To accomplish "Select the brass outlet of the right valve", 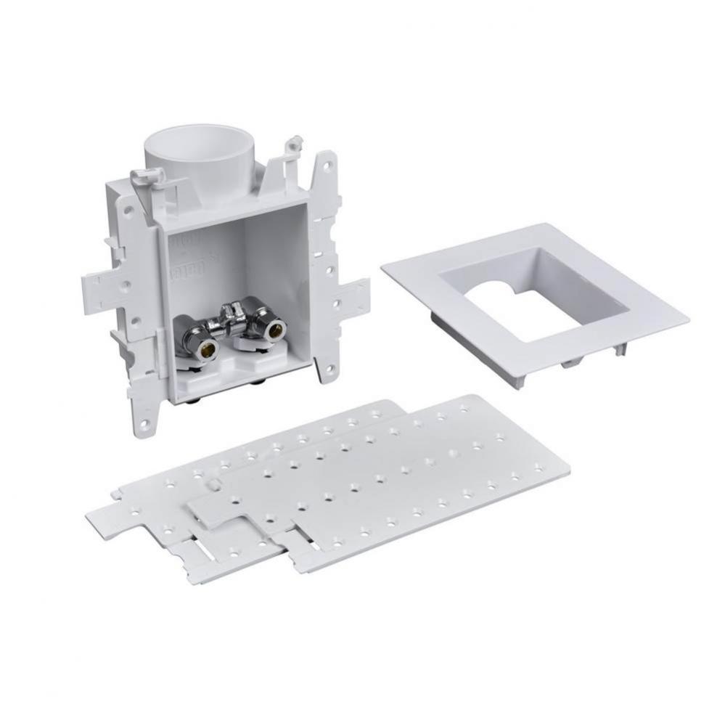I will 275,331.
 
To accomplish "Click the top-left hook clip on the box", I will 144,175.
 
